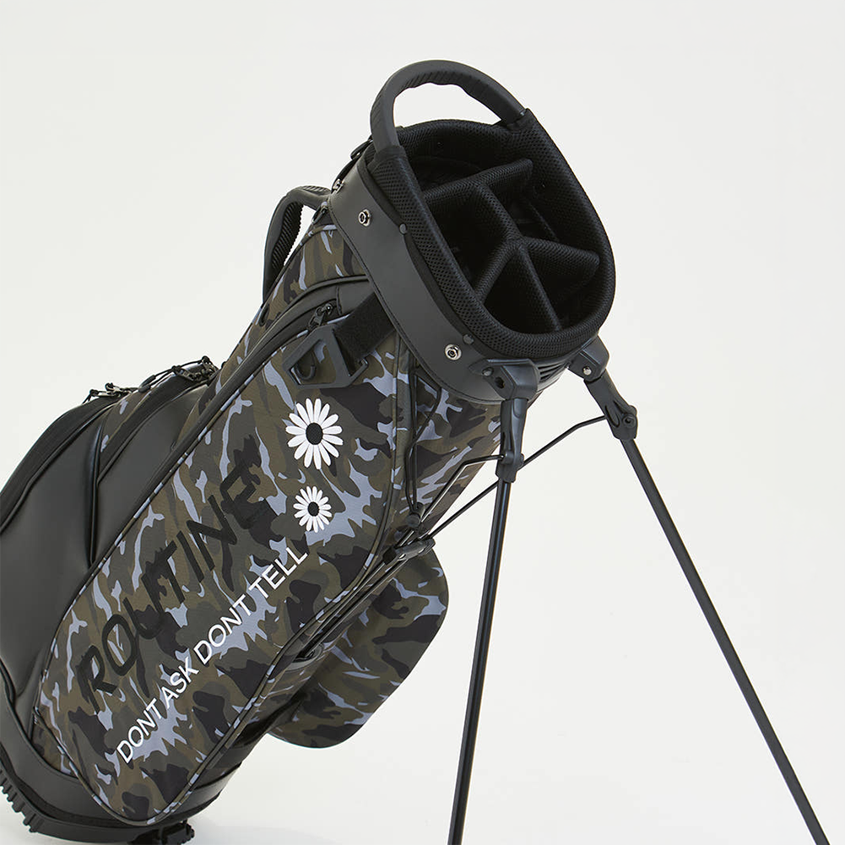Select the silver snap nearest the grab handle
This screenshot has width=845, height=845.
366,216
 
